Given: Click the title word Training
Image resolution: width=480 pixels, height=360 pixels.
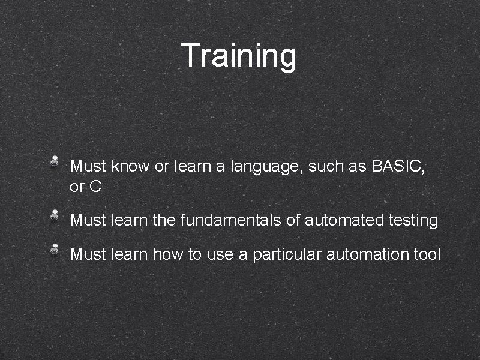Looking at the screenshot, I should click(239, 56).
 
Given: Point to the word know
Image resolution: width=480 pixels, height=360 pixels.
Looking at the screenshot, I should click(131, 166).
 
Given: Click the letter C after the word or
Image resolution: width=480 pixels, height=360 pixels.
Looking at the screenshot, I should click(95, 187).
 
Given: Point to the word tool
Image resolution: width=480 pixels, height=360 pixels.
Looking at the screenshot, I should click(427, 254).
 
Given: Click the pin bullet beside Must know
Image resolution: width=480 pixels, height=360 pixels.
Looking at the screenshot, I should click(54, 161).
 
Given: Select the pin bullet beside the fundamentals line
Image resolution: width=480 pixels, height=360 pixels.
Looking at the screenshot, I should click(54, 215).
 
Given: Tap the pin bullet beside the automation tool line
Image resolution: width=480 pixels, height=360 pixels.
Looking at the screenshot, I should click(54, 248).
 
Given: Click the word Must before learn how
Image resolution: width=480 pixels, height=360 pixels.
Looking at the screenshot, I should click(89, 254).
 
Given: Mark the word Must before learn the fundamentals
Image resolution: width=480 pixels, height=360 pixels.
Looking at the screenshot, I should click(89, 220).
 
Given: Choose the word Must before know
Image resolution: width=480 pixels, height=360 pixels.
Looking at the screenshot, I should click(89, 166).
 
